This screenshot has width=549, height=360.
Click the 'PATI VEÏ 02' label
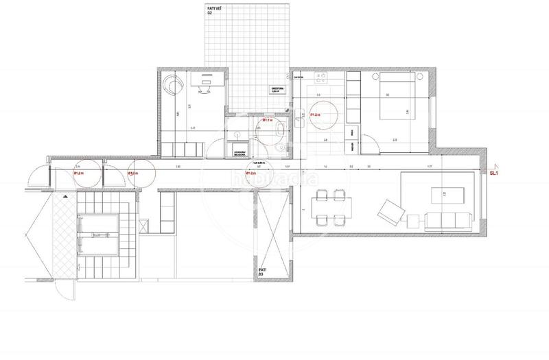pyautogui.click(x=214, y=10)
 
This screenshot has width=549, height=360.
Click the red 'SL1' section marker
pyautogui.click(x=493, y=174)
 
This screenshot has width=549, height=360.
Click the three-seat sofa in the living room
pyautogui.click(x=448, y=219)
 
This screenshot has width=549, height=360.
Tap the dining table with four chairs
pyautogui.click(x=327, y=207)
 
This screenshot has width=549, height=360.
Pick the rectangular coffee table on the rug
pyautogui.click(x=439, y=194)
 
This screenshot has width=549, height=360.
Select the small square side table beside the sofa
pyautogui.click(x=414, y=220)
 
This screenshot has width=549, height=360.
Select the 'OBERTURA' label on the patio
pyautogui.click(x=277, y=90)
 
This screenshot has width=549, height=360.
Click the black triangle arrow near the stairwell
pyautogui.click(x=65, y=197)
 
